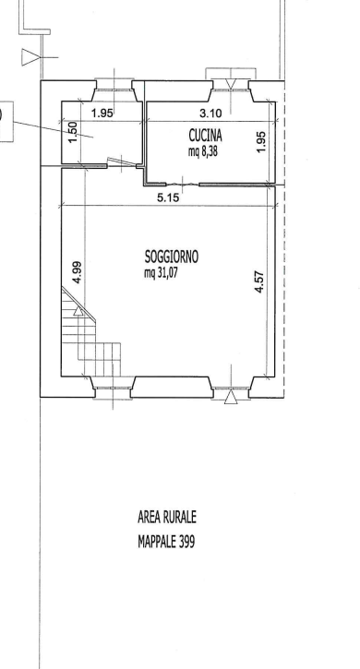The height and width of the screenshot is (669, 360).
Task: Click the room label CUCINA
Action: [206, 136]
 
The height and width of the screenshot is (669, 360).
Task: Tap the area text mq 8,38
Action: [203, 151]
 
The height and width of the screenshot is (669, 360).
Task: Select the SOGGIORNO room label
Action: [172, 257]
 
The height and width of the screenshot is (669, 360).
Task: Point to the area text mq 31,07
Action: [161, 272]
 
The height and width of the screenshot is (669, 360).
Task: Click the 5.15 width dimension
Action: [168, 198]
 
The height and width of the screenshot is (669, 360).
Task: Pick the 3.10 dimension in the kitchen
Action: [211, 113]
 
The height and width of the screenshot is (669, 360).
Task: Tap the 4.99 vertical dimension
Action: [78, 272]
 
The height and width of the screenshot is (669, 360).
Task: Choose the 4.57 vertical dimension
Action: [259, 282]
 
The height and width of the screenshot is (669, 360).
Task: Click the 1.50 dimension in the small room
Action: [73, 132]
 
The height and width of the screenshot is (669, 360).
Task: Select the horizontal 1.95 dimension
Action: [102, 113]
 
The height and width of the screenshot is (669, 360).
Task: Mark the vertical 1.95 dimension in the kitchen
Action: [262, 141]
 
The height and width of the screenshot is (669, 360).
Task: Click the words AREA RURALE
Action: [167, 517]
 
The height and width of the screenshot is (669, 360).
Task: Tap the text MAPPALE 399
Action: [166, 542]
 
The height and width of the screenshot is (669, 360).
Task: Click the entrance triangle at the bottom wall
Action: [231, 397]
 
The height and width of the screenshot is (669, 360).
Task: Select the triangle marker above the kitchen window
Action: [231, 85]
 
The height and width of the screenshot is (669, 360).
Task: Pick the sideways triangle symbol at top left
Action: [30, 57]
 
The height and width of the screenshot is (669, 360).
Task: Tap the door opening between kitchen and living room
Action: [183, 185]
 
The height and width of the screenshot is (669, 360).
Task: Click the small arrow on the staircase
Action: [78, 311]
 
